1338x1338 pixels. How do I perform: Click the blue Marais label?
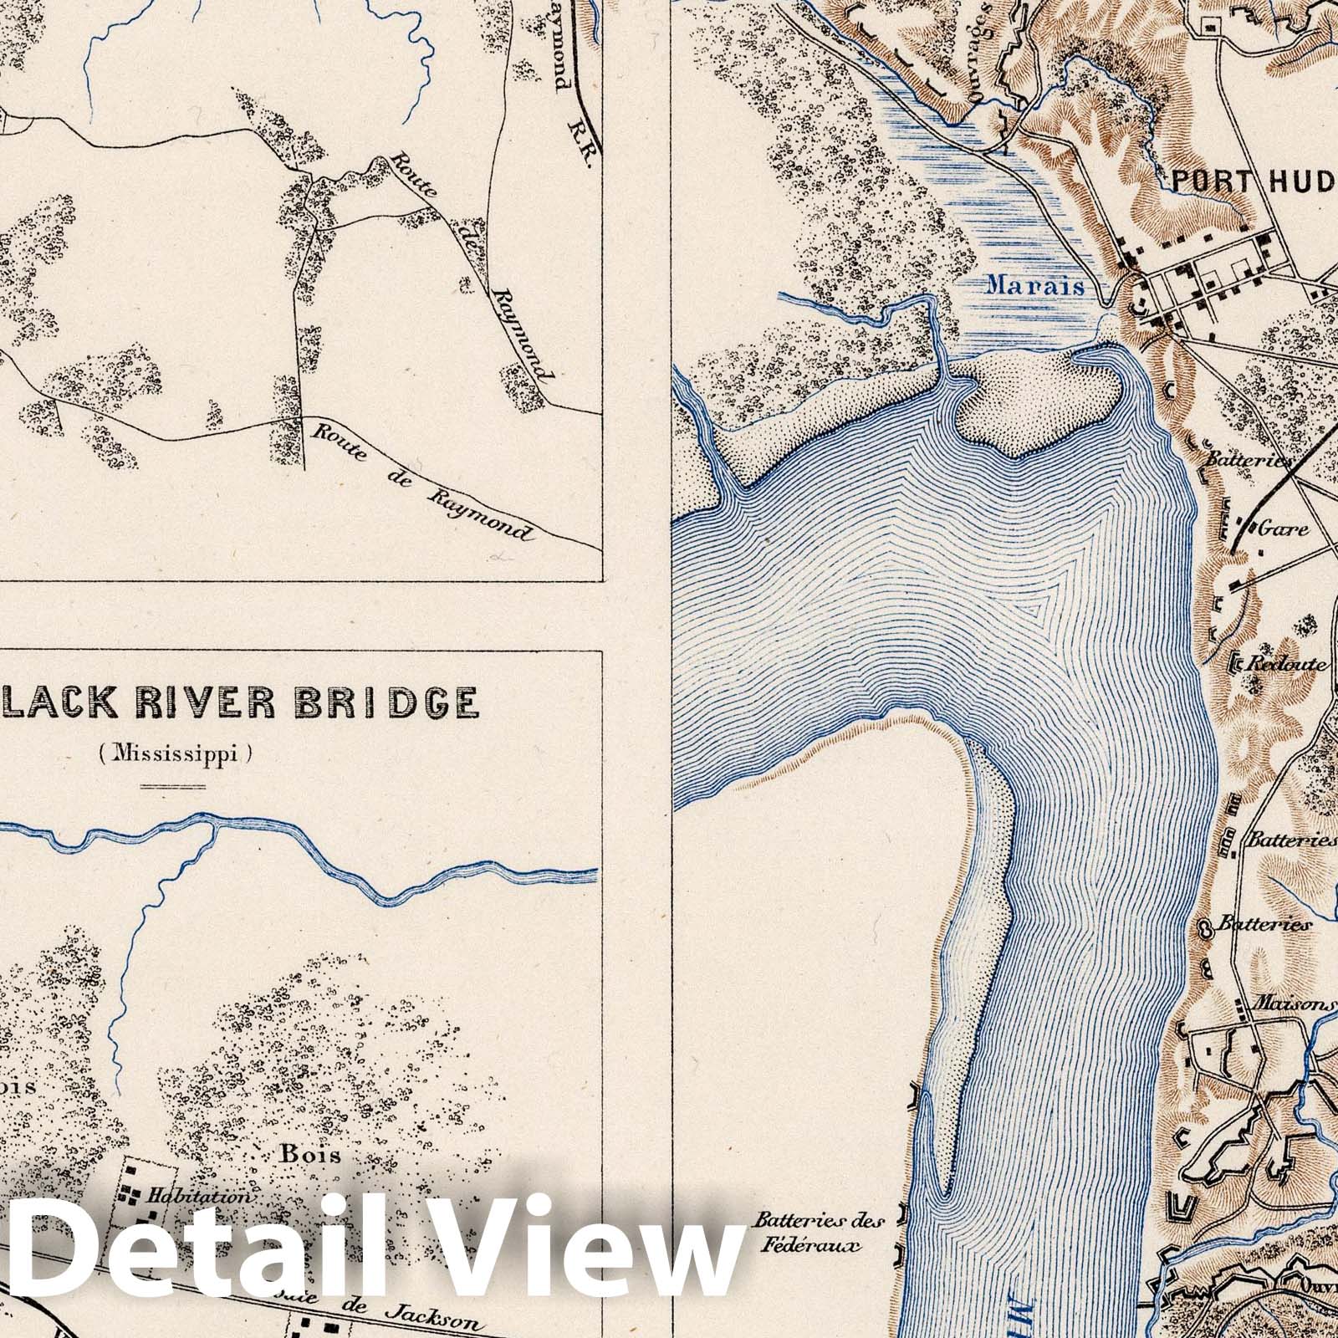click(x=1034, y=284)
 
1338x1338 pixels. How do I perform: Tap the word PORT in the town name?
click(x=1207, y=181)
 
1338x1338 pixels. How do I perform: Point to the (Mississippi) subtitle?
click(x=173, y=754)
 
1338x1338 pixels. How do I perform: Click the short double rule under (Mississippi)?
click(x=173, y=786)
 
